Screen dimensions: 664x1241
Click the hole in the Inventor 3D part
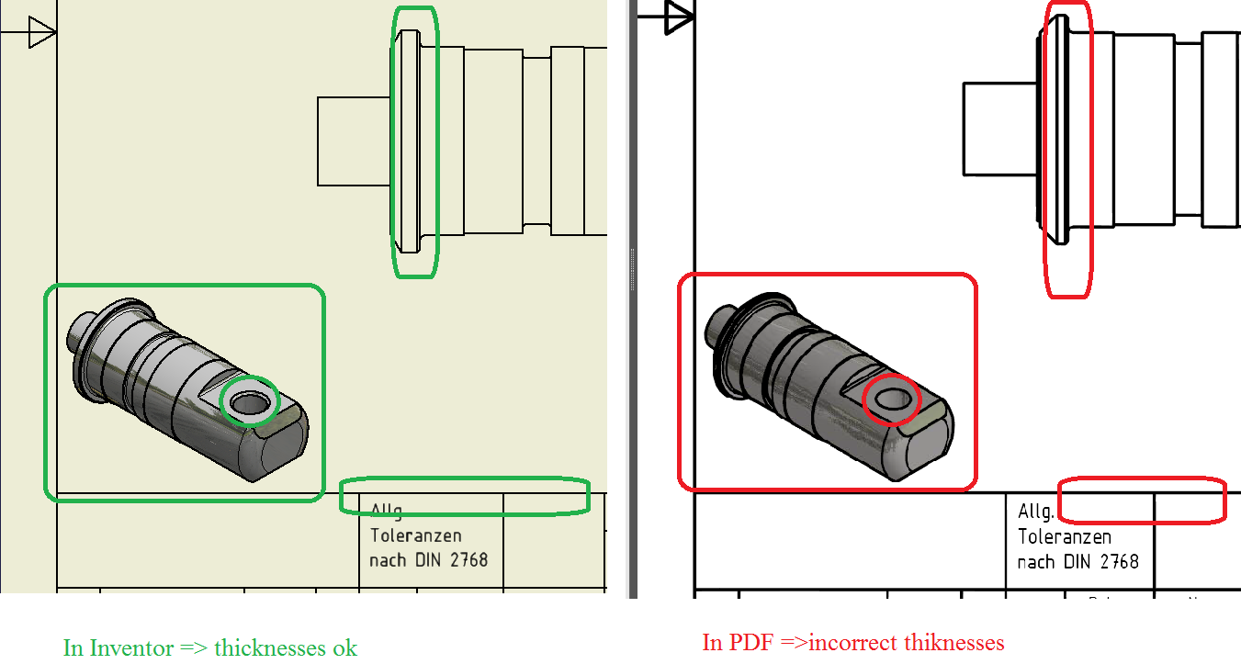(249, 401)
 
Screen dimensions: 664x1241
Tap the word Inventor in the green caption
(130, 647)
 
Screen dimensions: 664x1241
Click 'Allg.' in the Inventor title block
(387, 512)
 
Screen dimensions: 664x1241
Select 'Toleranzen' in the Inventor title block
(416, 535)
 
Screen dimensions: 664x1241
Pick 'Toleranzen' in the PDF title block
(1065, 536)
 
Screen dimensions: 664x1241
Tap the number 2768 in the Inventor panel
(468, 559)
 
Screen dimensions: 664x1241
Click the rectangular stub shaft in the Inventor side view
(355, 141)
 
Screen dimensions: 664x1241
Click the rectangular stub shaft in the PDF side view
(1000, 129)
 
